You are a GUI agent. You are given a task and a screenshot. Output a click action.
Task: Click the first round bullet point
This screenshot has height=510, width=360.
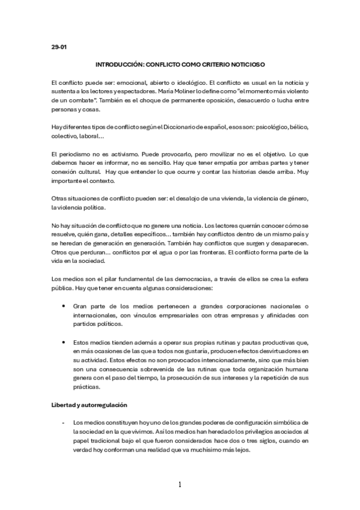pyautogui.click(x=64, y=306)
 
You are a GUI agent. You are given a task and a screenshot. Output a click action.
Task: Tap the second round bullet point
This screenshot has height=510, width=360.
pyautogui.click(x=64, y=342)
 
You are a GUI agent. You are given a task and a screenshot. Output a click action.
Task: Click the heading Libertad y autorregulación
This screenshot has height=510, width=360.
pyautogui.click(x=88, y=404)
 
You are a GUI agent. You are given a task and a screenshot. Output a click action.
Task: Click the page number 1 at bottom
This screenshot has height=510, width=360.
pyautogui.click(x=180, y=484)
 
